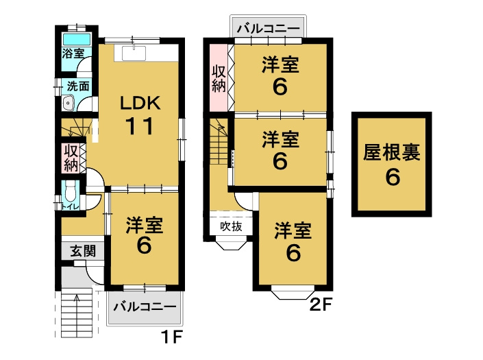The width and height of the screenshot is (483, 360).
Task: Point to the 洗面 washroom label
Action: pyautogui.click(x=76, y=86)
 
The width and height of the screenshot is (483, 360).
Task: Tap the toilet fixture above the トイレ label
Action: pyautogui.click(x=70, y=190)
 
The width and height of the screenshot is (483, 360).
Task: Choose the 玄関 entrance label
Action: pyautogui.click(x=82, y=251)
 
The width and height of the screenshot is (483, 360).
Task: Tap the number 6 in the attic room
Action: pyautogui.click(x=392, y=178)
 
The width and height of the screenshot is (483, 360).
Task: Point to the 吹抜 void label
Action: pyautogui.click(x=230, y=226)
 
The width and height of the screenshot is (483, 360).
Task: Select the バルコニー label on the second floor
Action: pyautogui.click(x=268, y=29)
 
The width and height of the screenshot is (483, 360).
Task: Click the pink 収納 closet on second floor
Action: pyautogui.click(x=219, y=77)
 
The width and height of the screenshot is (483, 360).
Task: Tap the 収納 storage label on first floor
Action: pyautogui.click(x=70, y=157)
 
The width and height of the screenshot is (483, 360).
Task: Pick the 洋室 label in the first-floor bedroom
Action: pyautogui.click(x=144, y=224)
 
